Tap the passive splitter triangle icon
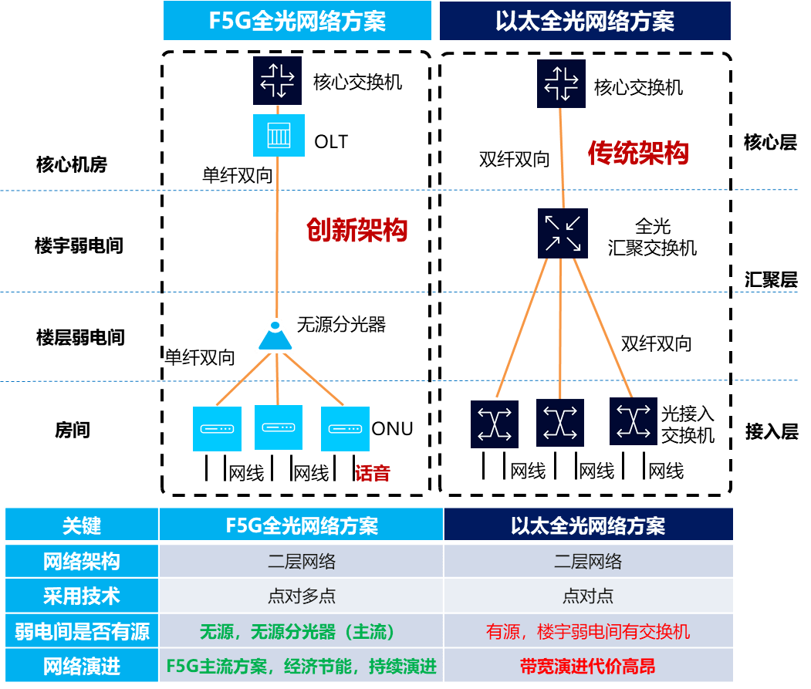coord(275,335)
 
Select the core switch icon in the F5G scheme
coord(276,80)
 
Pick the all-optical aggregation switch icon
coord(563,234)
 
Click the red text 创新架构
coord(357,229)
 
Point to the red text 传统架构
coord(637,153)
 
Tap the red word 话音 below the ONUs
coord(373,472)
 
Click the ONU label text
coord(393,429)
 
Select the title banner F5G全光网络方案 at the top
coord(297,21)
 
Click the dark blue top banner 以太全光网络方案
coord(584,21)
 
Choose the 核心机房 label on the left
coord(71,164)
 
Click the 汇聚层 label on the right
coord(771,279)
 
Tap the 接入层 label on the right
coord(771,431)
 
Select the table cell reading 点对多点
coord(301,596)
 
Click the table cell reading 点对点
coord(588,596)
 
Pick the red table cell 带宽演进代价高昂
coord(588,666)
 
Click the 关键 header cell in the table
coord(82,525)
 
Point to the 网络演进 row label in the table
coord(82,666)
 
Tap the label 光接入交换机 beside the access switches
coord(688,424)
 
